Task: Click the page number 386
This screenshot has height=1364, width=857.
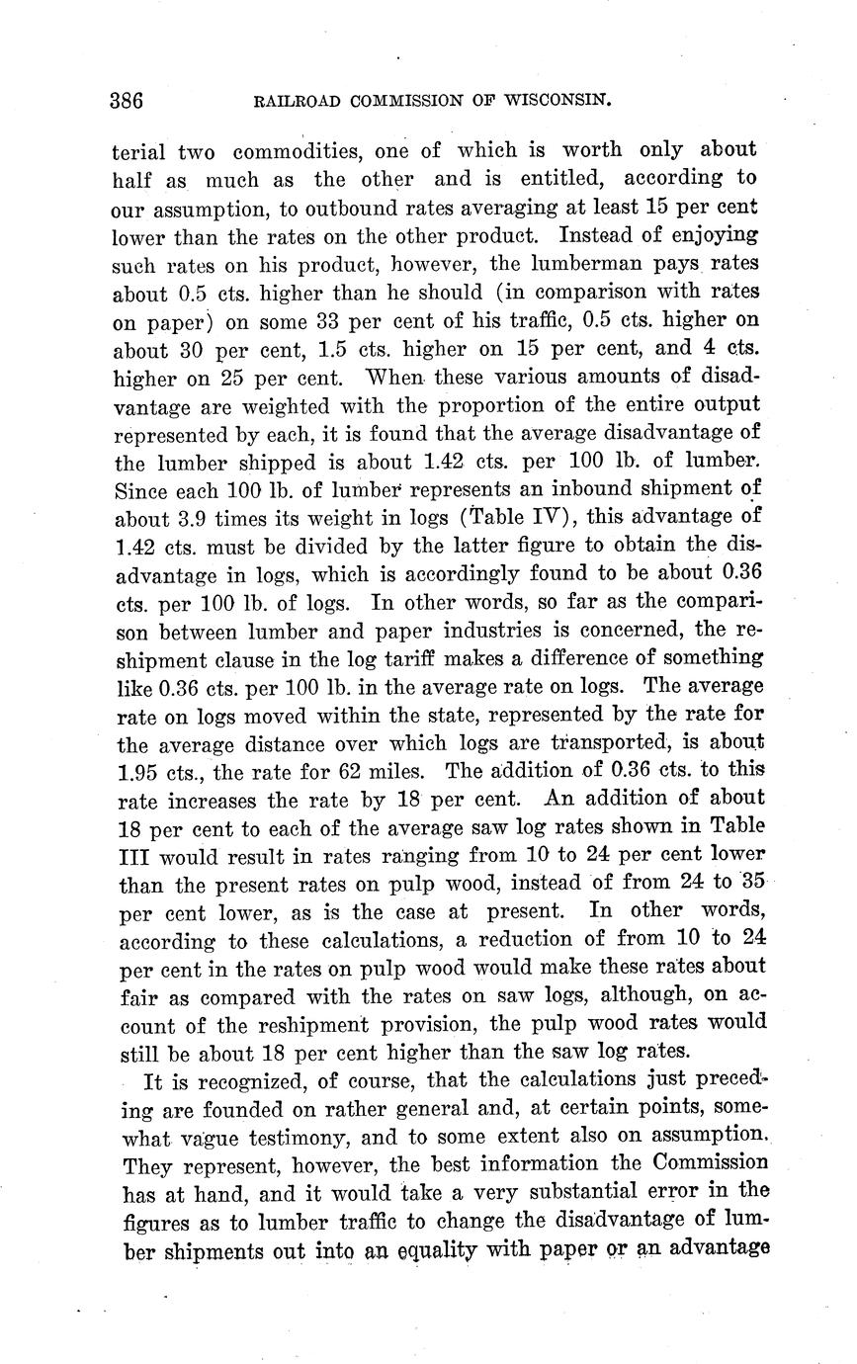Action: (128, 101)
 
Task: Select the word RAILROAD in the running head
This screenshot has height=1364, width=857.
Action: (295, 100)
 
